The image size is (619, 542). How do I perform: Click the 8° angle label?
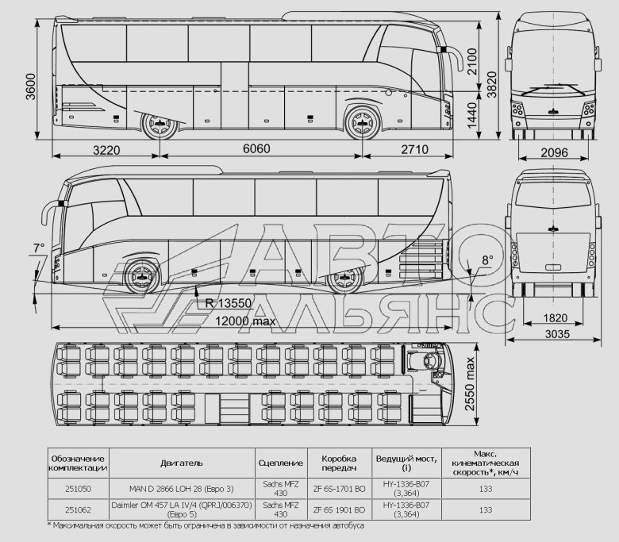click(x=486, y=260)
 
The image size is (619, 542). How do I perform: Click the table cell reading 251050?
click(x=78, y=488)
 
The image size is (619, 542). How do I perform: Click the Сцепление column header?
click(x=280, y=460)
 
